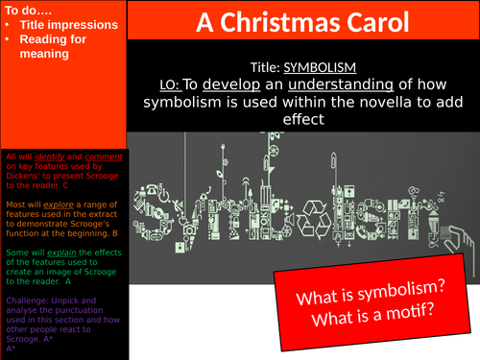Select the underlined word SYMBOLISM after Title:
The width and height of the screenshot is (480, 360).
pos(321,68)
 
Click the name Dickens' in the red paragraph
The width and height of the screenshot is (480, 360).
pos(24,177)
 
